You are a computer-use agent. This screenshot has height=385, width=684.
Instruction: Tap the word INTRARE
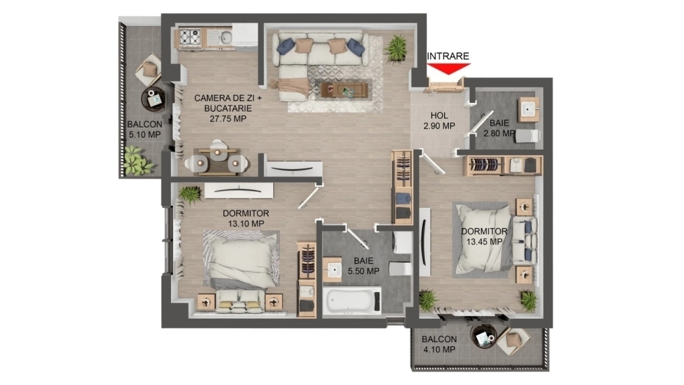(x=448, y=56)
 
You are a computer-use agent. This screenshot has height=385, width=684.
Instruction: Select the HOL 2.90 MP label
(x=439, y=121)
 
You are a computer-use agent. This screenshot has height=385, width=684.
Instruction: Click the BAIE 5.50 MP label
(x=363, y=266)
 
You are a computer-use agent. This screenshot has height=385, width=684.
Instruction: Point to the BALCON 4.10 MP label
(x=440, y=344)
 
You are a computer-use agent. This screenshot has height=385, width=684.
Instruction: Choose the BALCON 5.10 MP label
(x=144, y=129)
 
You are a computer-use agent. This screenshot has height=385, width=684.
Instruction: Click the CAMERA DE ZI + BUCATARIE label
(x=228, y=108)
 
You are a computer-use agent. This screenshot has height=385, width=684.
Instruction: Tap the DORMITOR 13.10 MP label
(x=246, y=219)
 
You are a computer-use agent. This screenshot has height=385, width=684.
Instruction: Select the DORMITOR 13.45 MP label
(x=484, y=236)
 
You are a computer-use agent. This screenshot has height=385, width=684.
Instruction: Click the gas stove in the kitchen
(x=190, y=37)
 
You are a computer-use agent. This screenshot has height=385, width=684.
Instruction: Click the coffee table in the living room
(x=344, y=90)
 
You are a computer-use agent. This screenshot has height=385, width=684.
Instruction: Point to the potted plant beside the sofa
(x=397, y=47)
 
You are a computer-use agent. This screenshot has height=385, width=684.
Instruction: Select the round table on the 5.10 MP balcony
(x=154, y=98)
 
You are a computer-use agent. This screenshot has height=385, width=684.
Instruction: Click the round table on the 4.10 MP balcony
(x=484, y=336)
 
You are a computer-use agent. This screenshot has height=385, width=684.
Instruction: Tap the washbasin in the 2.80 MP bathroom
(x=529, y=109)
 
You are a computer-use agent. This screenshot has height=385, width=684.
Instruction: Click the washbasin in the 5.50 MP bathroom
(x=333, y=270)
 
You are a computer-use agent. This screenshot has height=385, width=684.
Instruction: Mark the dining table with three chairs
(x=217, y=161)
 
